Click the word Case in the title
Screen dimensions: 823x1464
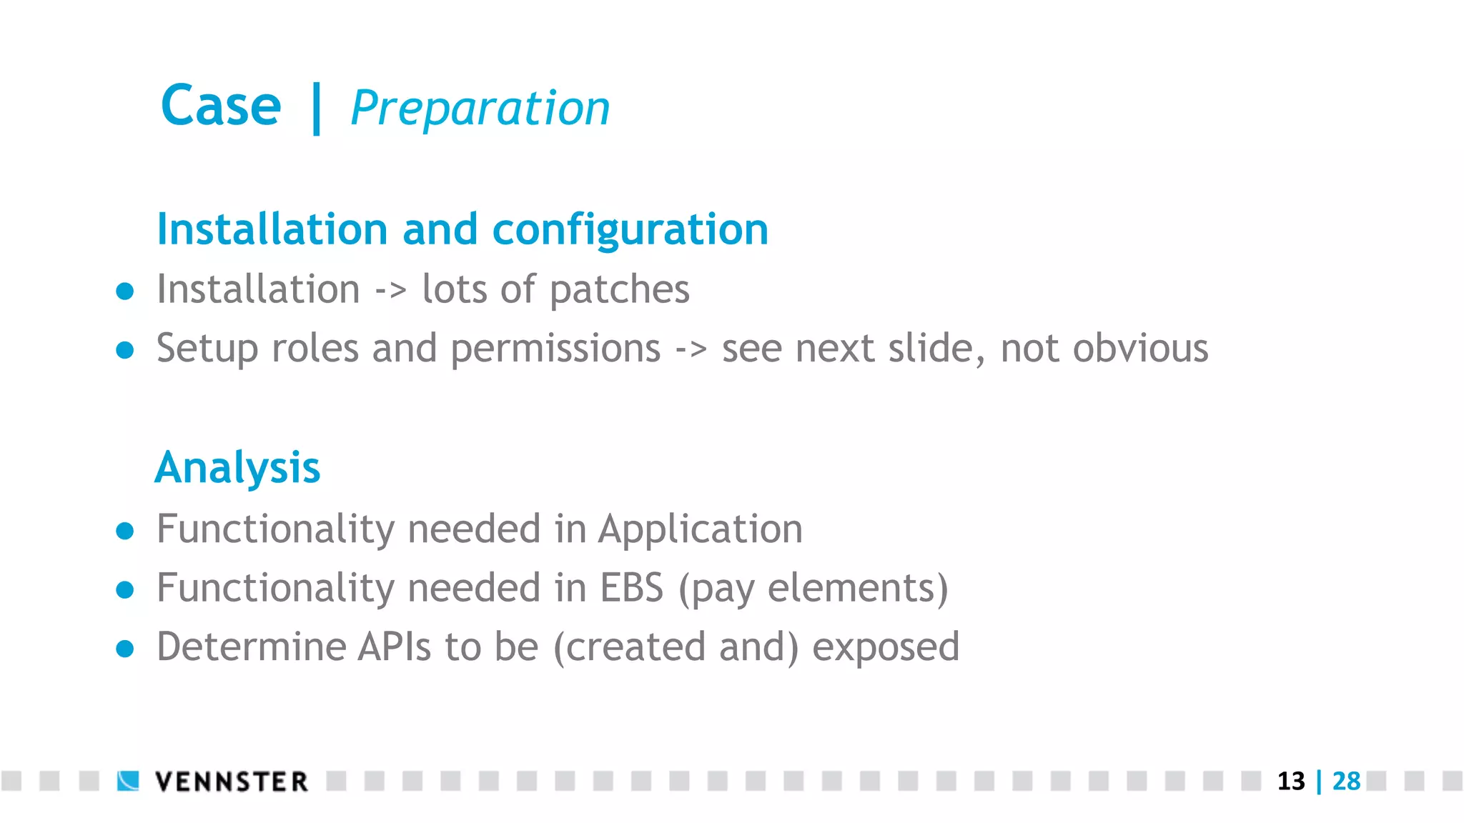tap(221, 106)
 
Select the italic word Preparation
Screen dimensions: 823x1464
tap(480, 109)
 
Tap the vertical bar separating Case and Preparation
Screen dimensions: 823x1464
tap(316, 109)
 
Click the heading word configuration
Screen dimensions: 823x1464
tap(630, 230)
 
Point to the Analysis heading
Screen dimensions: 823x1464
tap(237, 468)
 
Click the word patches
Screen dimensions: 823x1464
tap(619, 290)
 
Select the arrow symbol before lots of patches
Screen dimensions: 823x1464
tap(391, 290)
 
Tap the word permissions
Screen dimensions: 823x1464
tap(555, 349)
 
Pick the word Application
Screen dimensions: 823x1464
tap(701, 529)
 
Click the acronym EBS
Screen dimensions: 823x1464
tap(631, 588)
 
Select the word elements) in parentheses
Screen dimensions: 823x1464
tap(857, 588)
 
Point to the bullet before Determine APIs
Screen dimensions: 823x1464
tap(125, 648)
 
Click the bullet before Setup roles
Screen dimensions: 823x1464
tap(125, 349)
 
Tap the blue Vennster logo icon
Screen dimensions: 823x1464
tap(128, 781)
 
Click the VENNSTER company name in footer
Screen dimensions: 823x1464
tap(232, 782)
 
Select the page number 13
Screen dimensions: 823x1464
tap(1290, 781)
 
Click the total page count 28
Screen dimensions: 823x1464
tap(1346, 781)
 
